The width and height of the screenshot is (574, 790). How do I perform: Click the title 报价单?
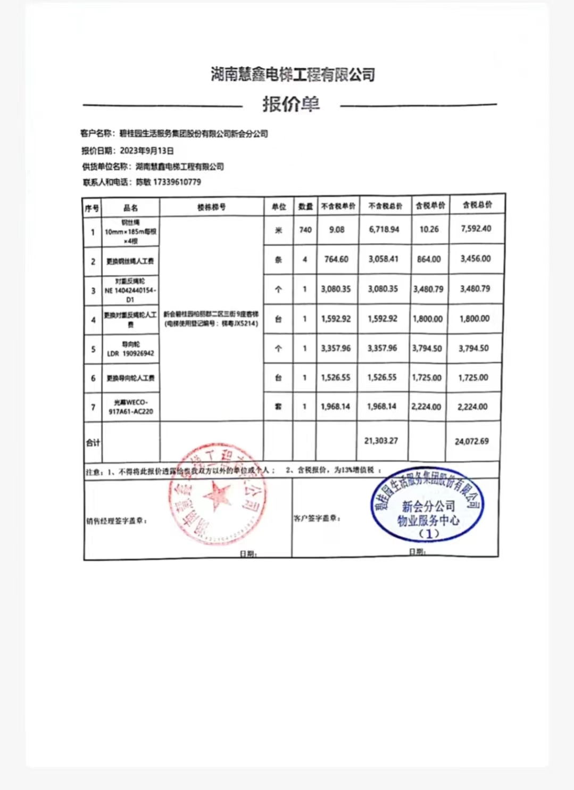pos(290,104)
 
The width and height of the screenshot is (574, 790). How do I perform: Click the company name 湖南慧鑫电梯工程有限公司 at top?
pos(293,74)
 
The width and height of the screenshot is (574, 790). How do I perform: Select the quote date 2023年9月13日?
pos(147,150)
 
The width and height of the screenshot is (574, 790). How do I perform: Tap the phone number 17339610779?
pos(177,182)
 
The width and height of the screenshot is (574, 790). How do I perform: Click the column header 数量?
pos(305,206)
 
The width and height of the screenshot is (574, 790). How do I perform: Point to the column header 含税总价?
pos(477,205)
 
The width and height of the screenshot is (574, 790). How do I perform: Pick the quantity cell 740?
pos(305,230)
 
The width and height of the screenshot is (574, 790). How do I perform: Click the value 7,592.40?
pos(476,229)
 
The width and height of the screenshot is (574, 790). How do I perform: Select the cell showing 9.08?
pos(337,230)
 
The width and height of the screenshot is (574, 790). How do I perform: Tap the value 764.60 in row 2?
pos(337,259)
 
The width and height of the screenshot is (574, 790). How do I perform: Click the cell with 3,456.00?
pos(476,258)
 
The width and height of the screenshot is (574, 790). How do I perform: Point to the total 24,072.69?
pos(472,441)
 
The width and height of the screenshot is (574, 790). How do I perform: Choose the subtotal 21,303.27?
pos(381,441)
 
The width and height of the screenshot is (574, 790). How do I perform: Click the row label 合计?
pos(93,442)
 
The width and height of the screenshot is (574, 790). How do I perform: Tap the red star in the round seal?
pos(218,495)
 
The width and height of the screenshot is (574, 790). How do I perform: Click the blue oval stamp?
pos(428,505)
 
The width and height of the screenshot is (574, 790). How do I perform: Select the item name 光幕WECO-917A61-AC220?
pos(130,407)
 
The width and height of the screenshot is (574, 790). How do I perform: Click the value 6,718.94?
pos(384,229)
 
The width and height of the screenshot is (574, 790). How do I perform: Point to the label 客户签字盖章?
pos(317,518)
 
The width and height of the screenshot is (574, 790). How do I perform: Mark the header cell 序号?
pos(92,208)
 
